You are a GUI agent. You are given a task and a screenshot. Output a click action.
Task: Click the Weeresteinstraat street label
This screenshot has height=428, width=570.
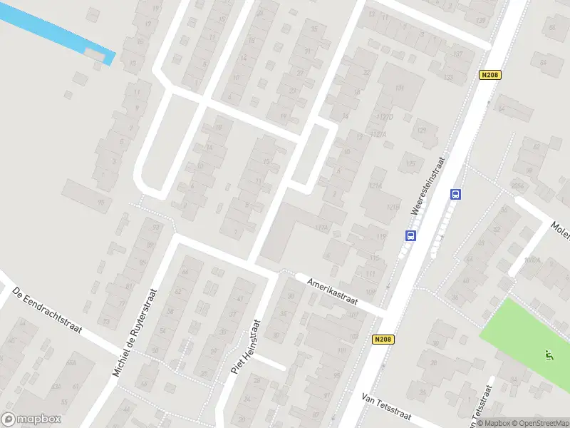click(x=427, y=186)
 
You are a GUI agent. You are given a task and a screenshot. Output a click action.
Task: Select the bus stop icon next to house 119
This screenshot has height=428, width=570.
click(x=410, y=235)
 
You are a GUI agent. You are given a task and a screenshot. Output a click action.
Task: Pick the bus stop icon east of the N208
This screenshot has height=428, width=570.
click(x=455, y=194)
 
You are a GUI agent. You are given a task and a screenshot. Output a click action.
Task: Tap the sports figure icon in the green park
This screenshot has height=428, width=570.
click(x=548, y=354)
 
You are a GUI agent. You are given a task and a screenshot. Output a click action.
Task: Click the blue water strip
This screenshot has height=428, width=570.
click(x=57, y=32)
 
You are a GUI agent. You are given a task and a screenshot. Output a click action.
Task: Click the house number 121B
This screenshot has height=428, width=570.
click(x=391, y=207)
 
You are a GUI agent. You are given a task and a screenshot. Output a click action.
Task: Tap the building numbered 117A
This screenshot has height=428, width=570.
click(x=321, y=228)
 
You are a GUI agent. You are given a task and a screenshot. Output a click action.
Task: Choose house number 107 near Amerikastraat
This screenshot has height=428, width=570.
click(x=353, y=335)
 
